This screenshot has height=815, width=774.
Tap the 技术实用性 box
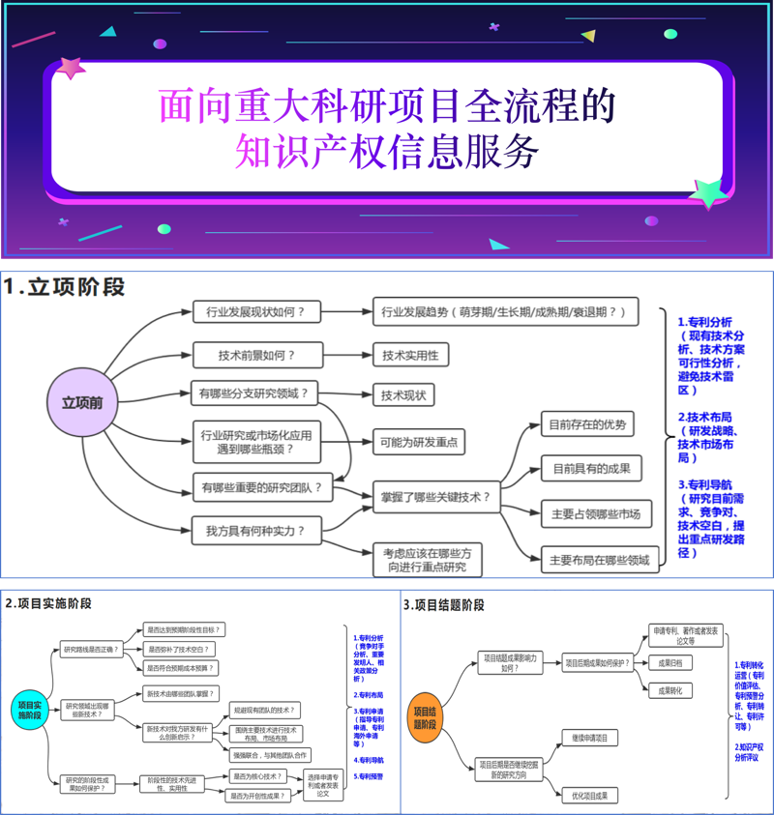point(409,355)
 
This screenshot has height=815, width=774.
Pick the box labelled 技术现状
point(402,394)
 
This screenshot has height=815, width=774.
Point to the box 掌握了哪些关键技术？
point(436,498)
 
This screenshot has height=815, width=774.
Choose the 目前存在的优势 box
point(587,424)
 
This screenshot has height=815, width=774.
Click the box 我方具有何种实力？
point(255,530)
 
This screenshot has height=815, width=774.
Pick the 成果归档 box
point(670,663)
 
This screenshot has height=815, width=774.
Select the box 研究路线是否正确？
point(91,649)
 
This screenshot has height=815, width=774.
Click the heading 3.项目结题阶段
point(443,605)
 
